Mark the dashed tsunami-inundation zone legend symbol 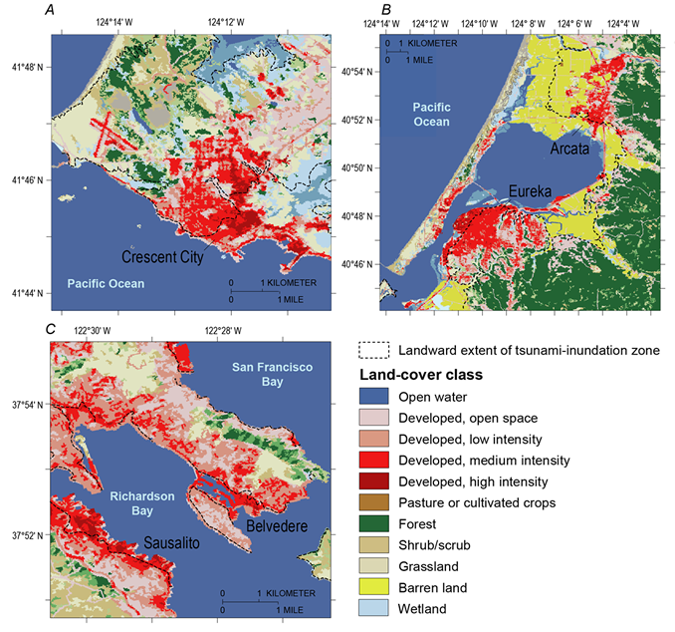pyautogui.click(x=371, y=350)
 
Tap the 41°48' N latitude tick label pyautogui.click(x=27, y=68)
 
